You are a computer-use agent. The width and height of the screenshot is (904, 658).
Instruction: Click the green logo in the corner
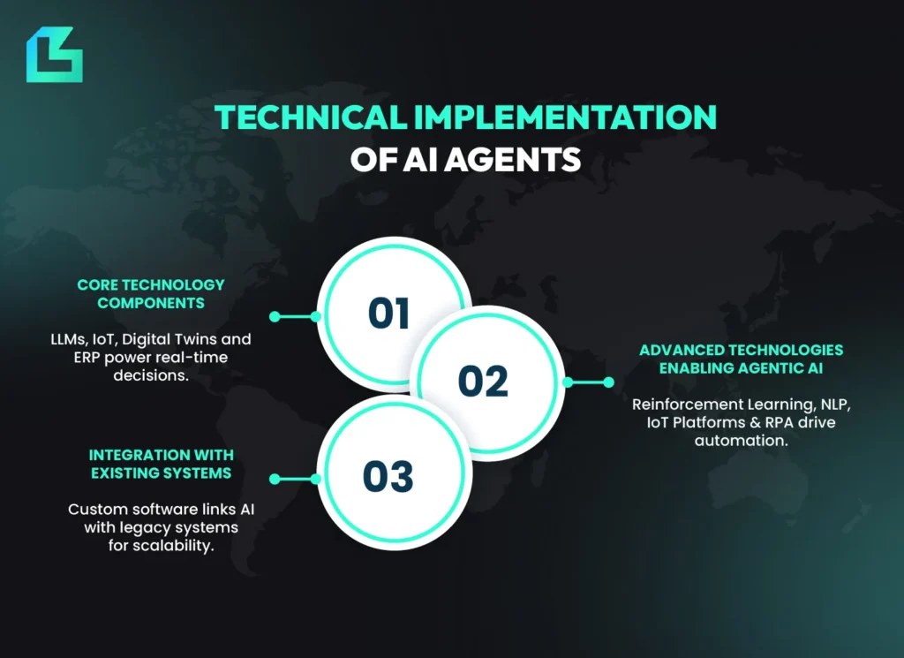tap(54, 55)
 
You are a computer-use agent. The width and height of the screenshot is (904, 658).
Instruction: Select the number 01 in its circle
tap(389, 314)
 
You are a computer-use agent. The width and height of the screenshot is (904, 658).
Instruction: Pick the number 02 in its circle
tap(483, 381)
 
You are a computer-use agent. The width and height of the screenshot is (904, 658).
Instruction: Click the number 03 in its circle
tap(388, 477)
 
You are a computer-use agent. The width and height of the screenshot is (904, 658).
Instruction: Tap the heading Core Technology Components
tap(151, 294)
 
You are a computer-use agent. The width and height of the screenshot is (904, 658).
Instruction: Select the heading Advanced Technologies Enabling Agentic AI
tap(741, 359)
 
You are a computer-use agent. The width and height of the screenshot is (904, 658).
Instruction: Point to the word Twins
tap(205, 339)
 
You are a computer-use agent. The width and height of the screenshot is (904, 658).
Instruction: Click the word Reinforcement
tap(685, 405)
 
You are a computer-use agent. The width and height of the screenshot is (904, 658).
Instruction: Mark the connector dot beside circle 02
tap(607, 382)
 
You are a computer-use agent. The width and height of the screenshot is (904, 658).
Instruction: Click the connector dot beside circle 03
tap(275, 479)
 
